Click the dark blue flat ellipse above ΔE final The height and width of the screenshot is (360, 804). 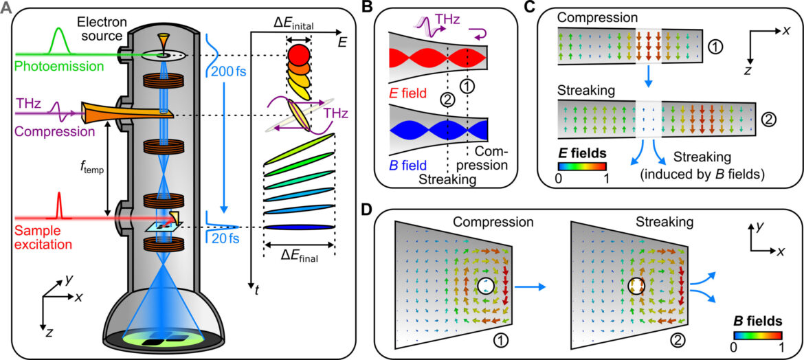(299, 227)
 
